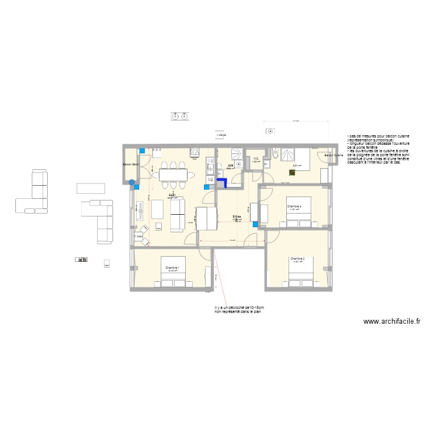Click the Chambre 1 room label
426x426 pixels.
pyautogui.click(x=172, y=268)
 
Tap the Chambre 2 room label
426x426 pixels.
pyautogui.click(x=298, y=259)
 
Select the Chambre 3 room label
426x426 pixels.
pyautogui.click(x=294, y=206)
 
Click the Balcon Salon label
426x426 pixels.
pyautogui.click(x=131, y=165)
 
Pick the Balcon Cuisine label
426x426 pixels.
pyautogui.click(x=333, y=155)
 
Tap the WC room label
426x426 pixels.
pyautogui.click(x=256, y=159)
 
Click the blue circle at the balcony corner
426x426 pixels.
pyautogui.click(x=132, y=183)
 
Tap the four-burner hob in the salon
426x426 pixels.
pyautogui.click(x=195, y=152)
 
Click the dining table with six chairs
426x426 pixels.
pyautogui.click(x=172, y=173)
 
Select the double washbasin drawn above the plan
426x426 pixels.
pyautogui.click(x=180, y=116)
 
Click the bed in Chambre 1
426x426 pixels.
pyautogui.click(x=172, y=279)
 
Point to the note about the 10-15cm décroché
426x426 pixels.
pyautogui.click(x=239, y=310)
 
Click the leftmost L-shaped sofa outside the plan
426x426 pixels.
pyautogui.click(x=34, y=191)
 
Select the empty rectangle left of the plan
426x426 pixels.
pyautogui.click(x=91, y=188)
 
